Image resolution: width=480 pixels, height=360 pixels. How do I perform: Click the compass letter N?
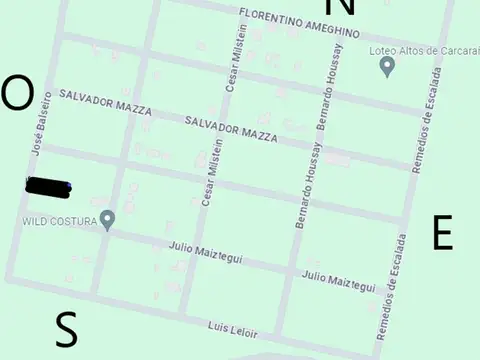[340, 6]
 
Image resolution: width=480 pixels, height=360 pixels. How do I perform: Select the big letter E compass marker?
[442, 233]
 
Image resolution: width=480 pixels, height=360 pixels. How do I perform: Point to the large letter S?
[66, 329]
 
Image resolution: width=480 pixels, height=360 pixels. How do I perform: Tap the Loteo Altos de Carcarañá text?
[424, 49]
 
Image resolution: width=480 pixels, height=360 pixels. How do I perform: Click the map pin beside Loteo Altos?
[388, 67]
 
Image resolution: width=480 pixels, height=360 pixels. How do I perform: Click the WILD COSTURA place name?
[60, 220]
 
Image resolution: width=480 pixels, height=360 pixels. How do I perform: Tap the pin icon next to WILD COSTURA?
[107, 219]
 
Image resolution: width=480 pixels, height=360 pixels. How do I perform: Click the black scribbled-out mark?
[47, 185]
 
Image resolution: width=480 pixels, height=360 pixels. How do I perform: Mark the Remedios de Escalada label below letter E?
[391, 287]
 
